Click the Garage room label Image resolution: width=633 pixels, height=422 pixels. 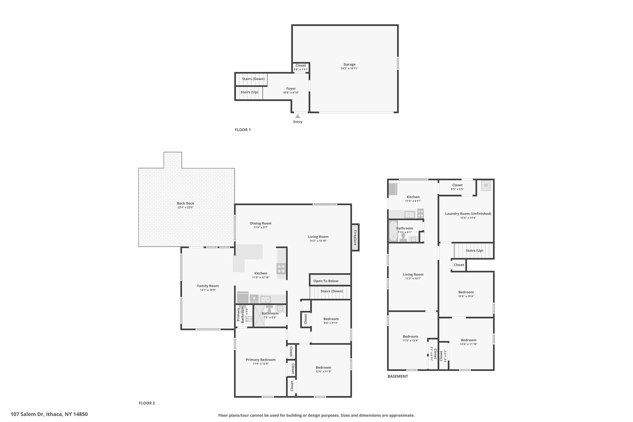(349, 65)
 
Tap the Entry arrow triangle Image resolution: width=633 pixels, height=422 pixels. (298, 116)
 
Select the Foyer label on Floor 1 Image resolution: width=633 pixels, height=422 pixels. (291, 89)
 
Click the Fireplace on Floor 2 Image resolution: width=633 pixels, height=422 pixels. (355, 237)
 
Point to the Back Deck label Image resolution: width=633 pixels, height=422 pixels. (185, 203)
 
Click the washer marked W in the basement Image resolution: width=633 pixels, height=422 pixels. (486, 185)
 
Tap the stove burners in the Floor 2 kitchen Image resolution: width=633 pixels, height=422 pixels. (281, 268)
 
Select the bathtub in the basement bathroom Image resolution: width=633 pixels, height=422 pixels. (393, 231)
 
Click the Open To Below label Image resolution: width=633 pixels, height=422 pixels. (326, 281)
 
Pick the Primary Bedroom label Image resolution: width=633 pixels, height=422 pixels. (261, 360)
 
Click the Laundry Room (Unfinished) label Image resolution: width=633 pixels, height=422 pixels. (468, 214)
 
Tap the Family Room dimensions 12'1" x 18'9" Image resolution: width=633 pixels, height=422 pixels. (208, 290)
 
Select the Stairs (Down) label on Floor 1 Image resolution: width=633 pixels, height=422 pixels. (253, 79)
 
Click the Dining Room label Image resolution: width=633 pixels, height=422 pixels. (261, 223)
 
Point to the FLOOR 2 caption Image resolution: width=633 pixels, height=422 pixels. (147, 403)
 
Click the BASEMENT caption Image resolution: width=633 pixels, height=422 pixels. (398, 377)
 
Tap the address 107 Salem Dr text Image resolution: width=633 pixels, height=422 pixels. (28, 414)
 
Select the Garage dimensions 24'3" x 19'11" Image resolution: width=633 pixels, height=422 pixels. (349, 69)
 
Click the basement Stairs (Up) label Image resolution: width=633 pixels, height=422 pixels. (474, 250)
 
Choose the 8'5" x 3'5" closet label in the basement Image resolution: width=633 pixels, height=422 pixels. (457, 189)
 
